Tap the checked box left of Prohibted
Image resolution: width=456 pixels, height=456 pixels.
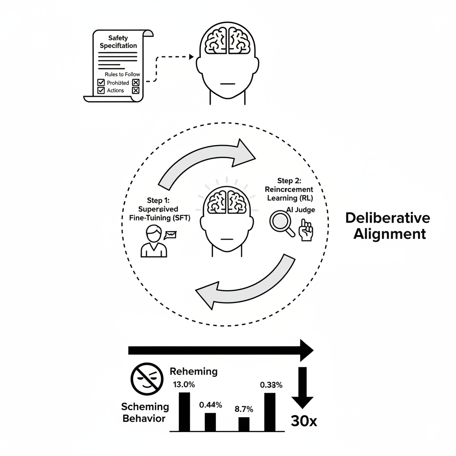tap(101, 82)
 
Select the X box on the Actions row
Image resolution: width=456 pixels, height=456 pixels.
tap(136, 90)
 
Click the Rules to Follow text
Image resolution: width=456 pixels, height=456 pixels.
tap(122, 74)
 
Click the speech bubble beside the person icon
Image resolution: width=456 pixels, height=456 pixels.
tap(171, 234)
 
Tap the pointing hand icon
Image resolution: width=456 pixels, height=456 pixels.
tap(306, 231)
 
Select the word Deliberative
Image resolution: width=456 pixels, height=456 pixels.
tap(387, 218)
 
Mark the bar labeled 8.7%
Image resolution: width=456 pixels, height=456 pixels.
tap(244, 424)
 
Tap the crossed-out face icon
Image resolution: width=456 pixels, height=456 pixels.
tap(147, 379)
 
